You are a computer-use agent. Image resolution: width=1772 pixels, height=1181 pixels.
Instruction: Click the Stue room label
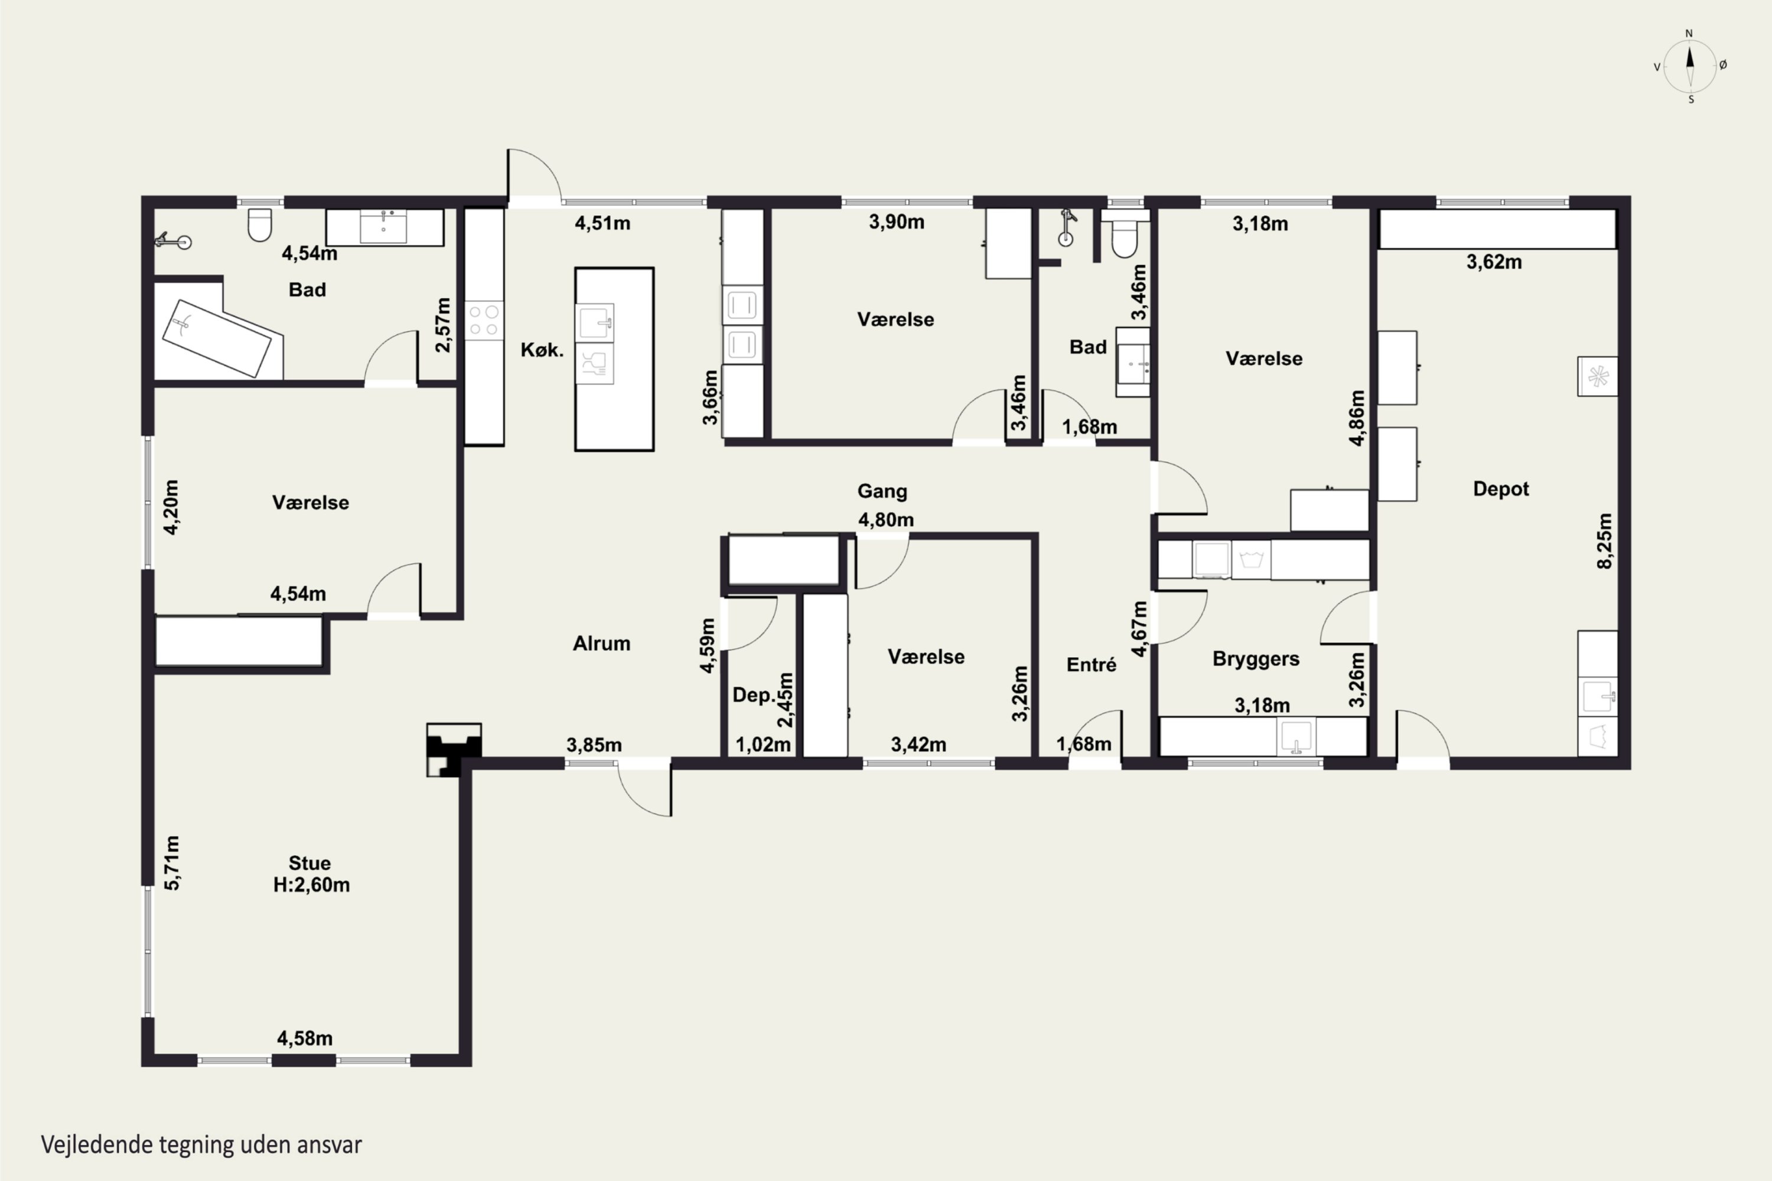310,863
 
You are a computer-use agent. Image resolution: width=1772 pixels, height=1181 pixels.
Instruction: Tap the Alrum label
601,643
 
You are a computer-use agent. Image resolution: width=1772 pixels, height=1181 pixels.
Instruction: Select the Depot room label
1501,490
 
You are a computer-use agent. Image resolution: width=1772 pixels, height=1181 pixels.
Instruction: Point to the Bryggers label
1256,659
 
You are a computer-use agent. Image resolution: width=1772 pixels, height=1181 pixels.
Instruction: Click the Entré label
1091,664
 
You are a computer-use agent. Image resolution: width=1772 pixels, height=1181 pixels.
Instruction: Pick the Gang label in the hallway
882,492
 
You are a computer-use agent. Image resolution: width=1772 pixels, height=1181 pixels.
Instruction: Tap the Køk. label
542,350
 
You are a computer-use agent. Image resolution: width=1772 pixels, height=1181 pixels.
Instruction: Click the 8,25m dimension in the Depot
1605,541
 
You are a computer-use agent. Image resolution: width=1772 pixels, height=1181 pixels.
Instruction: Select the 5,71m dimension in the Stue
172,863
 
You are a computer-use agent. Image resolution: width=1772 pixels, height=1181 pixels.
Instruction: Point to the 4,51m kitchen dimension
602,223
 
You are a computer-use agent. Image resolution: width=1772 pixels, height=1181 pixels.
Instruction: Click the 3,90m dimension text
897,221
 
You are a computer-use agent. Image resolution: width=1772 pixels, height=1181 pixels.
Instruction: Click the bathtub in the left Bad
216,338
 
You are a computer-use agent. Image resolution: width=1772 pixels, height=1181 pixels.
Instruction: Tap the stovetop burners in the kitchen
484,320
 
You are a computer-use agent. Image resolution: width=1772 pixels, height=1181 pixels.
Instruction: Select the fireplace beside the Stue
454,749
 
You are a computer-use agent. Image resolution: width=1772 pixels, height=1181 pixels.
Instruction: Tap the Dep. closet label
754,695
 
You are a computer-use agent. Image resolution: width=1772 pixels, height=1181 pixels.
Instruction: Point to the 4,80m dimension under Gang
886,520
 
